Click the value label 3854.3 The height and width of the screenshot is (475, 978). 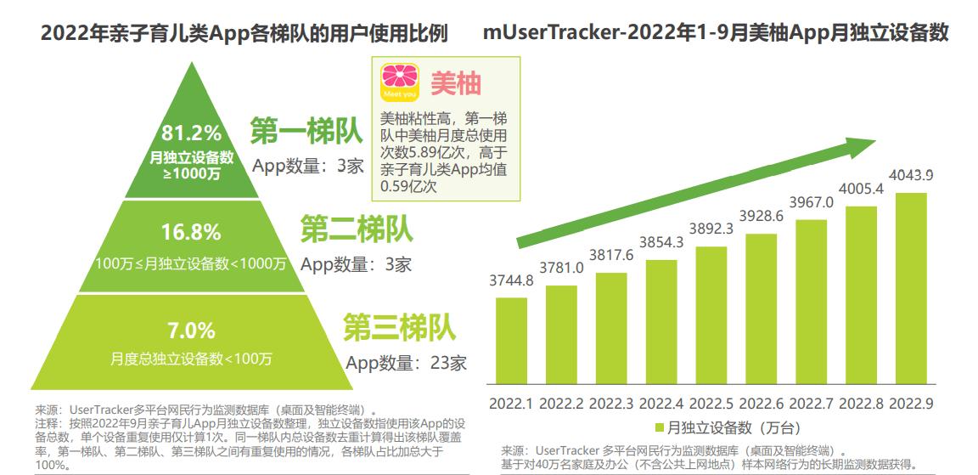coord(661,242)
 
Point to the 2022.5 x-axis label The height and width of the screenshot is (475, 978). coord(711,402)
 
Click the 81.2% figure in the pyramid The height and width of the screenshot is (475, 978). coord(191,133)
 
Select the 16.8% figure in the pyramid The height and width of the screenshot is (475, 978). coord(191,231)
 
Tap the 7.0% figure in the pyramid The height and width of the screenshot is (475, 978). coord(191,329)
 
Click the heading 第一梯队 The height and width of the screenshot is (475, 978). coord(306,132)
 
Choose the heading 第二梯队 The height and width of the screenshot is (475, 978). coord(357,229)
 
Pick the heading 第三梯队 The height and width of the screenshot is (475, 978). coord(399,327)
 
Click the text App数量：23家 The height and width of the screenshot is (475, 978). coord(406,363)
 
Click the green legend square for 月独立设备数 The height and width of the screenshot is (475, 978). coord(659,427)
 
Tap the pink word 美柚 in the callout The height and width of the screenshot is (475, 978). coord(456,82)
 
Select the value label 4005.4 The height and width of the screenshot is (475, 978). coord(861,188)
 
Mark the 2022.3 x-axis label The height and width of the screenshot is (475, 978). coord(611,402)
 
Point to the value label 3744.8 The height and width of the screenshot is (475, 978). coord(511,280)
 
